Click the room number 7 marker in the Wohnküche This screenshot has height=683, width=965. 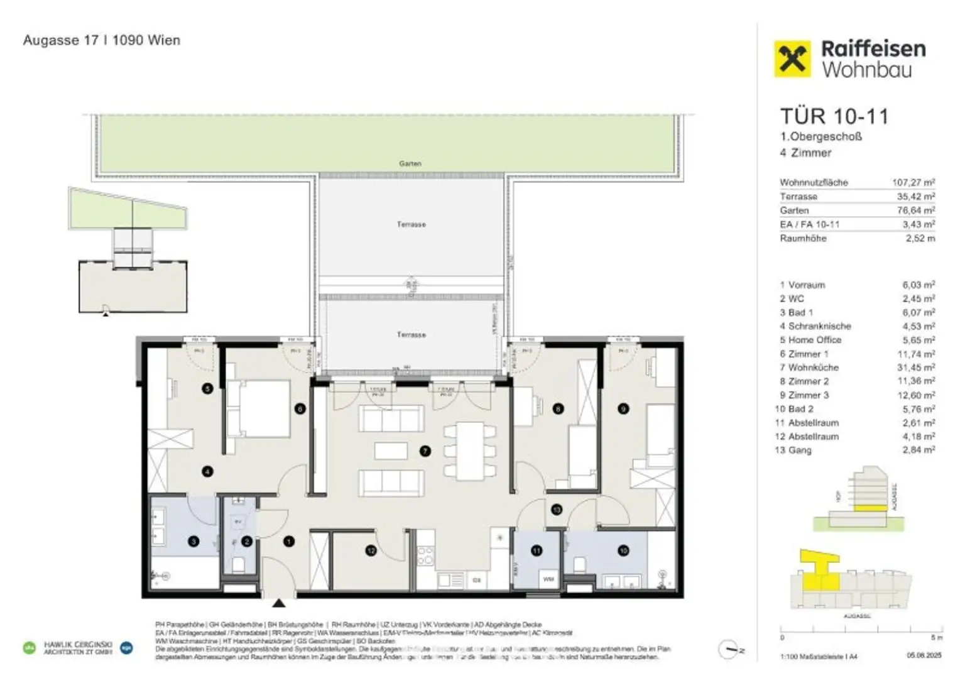click(425, 451)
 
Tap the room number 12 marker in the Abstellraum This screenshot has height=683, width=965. click(371, 550)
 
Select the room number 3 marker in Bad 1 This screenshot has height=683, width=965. click(194, 541)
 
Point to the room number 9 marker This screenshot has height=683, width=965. click(623, 409)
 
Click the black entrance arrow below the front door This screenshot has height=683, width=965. click(279, 604)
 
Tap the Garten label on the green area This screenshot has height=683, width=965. click(410, 163)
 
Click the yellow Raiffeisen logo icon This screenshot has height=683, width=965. click(793, 58)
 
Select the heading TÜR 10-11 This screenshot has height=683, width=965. click(834, 116)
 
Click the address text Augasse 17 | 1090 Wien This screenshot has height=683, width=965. click(102, 40)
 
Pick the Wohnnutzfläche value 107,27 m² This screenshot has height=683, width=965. click(913, 182)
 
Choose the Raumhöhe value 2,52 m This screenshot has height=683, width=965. click(920, 238)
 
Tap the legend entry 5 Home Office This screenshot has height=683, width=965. click(810, 340)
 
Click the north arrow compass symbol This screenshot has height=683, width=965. click(729, 650)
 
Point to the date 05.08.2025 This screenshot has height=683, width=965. click(919, 656)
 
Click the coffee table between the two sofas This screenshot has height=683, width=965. click(390, 451)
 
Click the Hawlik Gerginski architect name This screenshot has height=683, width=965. click(77, 645)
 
